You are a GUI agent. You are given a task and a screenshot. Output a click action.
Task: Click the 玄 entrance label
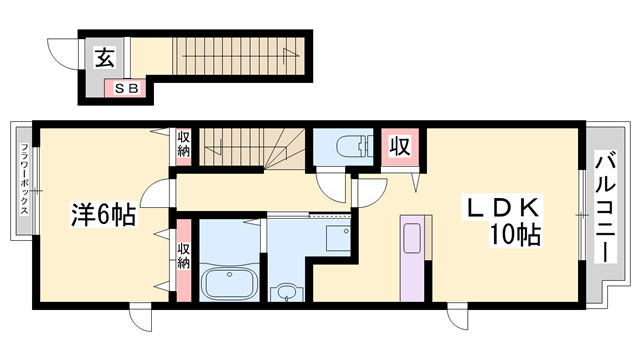point(105,58)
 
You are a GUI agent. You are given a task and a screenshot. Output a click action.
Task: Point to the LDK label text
point(502,208)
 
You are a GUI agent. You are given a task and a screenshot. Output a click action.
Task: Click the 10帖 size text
point(516,235)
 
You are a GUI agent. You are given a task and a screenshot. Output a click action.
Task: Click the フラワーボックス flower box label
point(24,178)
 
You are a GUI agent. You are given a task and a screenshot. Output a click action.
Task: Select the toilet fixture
point(354,146)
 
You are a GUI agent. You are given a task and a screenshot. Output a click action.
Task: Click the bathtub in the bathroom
point(229,282)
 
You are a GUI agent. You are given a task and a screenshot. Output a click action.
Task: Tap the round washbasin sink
point(287,292)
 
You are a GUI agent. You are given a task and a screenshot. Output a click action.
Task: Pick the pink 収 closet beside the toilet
point(400,146)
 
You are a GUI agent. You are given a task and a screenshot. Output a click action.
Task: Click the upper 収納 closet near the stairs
point(183,144)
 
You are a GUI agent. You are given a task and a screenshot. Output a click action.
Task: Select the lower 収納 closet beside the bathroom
point(184,260)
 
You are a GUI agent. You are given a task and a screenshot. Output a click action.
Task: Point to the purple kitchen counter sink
point(413,258)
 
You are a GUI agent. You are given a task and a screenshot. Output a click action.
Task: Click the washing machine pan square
point(338,238)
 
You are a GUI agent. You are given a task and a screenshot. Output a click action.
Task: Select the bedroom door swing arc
point(154,194)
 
